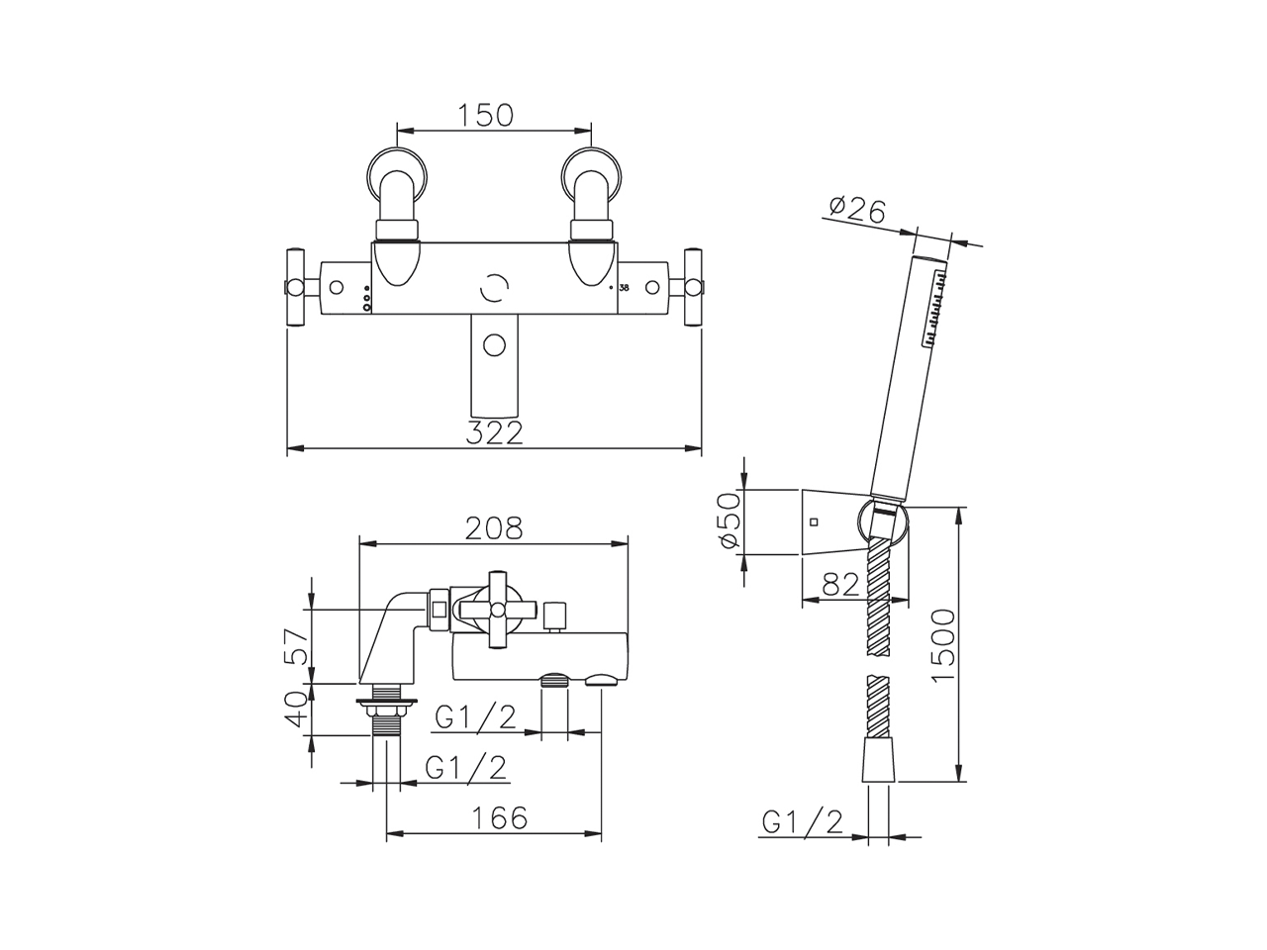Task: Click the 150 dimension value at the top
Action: click(x=485, y=116)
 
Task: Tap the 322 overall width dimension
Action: click(x=494, y=432)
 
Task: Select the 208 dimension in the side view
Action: click(x=494, y=527)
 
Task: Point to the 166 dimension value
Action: click(x=500, y=817)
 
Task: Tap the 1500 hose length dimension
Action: click(x=943, y=644)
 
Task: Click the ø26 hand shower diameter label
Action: click(x=856, y=210)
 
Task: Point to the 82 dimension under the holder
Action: click(x=840, y=586)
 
